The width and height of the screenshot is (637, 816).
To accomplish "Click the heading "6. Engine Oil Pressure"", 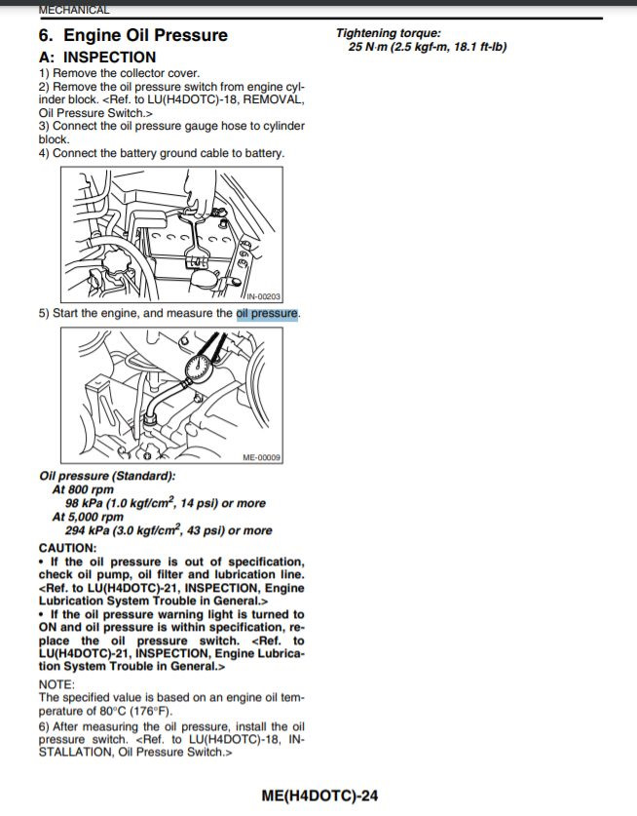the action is click(133, 35).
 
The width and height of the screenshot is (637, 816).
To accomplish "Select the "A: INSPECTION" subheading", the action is click(97, 57).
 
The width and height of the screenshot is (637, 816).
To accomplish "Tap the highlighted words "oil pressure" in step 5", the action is click(267, 313).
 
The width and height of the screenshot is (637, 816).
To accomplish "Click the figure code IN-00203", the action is click(263, 296).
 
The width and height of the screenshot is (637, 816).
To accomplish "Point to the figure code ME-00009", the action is click(262, 457).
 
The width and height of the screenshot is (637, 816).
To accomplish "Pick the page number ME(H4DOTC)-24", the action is click(319, 796).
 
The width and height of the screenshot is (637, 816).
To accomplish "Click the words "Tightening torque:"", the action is click(389, 33).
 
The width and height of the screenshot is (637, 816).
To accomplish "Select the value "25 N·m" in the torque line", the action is click(367, 47).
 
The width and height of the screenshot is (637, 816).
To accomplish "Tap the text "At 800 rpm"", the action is click(83, 489).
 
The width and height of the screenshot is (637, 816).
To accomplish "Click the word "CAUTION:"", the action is click(67, 548).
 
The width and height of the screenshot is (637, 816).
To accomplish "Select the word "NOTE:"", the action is click(56, 684).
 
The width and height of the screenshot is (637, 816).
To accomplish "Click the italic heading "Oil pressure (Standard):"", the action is click(107, 476).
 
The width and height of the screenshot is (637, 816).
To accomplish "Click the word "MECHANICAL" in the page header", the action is click(74, 10).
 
